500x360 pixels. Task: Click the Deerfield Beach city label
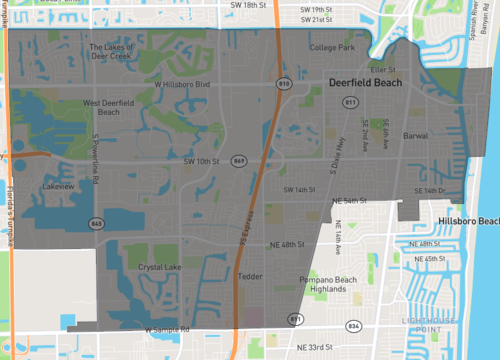365,83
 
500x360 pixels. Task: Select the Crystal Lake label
149,267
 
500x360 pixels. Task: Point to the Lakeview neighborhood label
59,185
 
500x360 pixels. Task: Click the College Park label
332,47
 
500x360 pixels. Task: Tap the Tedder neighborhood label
250,276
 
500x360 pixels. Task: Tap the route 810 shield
284,84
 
